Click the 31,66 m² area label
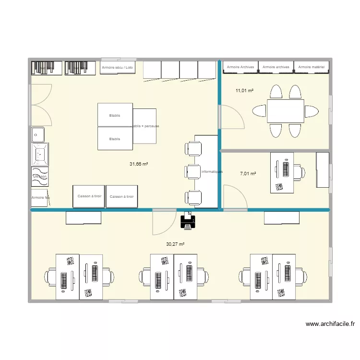pos(138,164)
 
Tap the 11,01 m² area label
pos(244,90)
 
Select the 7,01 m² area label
pos(248,174)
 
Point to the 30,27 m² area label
pos(175,244)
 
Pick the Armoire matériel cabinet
pos(311,67)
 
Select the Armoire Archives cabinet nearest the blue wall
pos(240,67)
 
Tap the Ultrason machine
pos(39,176)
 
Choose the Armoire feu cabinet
pos(39,197)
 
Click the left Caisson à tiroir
pos(89,197)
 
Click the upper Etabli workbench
pos(115,115)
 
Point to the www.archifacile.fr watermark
pos(330,324)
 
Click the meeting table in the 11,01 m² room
pos(285,111)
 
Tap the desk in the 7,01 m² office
pos(282,172)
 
